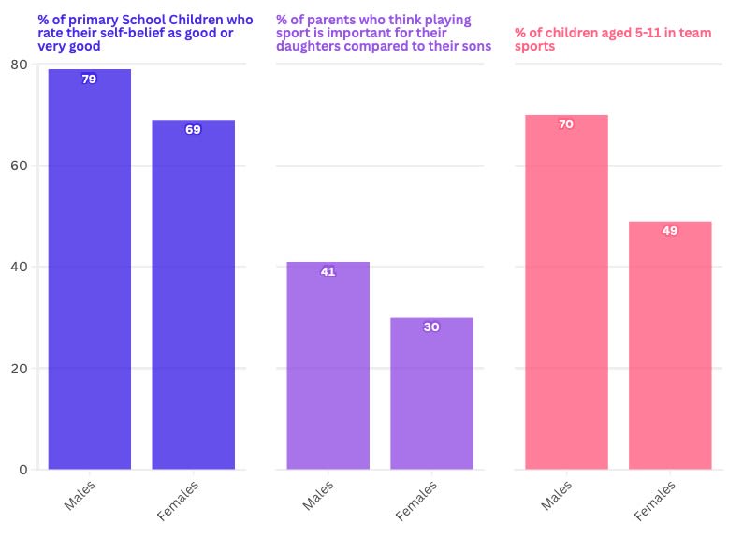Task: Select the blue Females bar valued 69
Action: coord(193,295)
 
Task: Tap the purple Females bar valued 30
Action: coord(431,394)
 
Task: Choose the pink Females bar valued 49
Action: coord(670,345)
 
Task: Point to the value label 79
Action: coord(89,80)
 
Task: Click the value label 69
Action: coord(193,130)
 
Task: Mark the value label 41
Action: coord(328,272)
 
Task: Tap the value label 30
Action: coord(431,327)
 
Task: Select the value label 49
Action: coord(670,231)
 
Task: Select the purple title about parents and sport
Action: coord(383,32)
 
